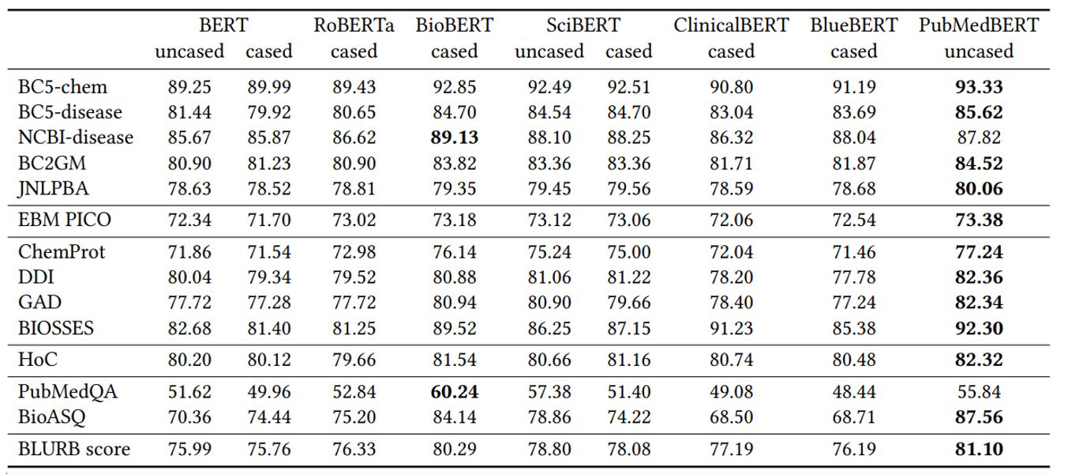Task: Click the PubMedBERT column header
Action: coord(979,25)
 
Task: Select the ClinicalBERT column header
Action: coord(731,25)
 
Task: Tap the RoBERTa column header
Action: coord(354,25)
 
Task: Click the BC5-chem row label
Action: coord(62,87)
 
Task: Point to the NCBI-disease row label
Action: coord(76,138)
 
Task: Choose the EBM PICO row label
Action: coord(65,220)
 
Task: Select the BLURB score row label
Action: coord(74,449)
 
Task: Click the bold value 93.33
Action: coord(979,87)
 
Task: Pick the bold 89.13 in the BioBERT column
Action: coord(455,138)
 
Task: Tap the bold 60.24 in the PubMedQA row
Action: coord(455,392)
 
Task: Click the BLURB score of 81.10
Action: coord(979,449)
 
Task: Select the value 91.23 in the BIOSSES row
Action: coord(731,328)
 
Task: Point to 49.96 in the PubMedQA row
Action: coord(268,392)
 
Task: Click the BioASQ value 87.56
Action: coord(979,417)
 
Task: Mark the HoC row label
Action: coord(38,360)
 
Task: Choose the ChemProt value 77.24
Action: coord(979,252)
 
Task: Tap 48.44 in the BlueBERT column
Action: coord(854,392)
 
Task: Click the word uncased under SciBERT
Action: coord(549,52)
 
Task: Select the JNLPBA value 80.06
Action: coord(979,189)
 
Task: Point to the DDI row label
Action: coord(36,277)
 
